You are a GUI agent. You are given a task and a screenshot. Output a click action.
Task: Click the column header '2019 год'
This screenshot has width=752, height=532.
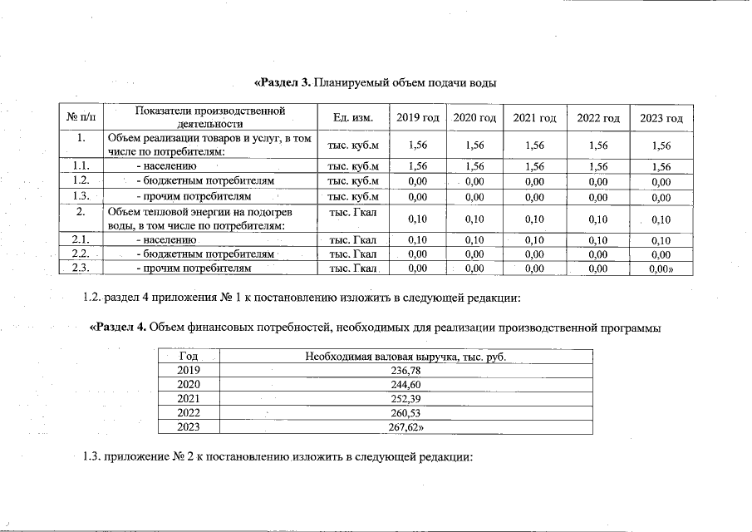[417, 118]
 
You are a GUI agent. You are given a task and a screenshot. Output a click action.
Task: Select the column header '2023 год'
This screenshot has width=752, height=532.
[661, 118]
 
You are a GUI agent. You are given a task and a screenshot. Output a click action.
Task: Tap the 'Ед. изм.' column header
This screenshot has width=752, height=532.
[352, 118]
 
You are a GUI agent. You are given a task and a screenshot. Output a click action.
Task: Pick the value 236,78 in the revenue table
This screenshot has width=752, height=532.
[405, 371]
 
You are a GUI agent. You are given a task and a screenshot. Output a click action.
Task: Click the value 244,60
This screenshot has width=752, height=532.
[405, 385]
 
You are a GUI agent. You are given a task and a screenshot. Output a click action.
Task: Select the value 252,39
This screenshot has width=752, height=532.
[405, 399]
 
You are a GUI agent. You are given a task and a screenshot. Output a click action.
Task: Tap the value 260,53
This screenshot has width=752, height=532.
[405, 413]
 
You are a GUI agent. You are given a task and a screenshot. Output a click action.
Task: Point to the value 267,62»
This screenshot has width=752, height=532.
[407, 427]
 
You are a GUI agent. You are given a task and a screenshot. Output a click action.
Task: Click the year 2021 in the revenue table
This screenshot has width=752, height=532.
[189, 399]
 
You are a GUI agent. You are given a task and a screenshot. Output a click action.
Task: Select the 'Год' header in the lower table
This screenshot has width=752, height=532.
[189, 357]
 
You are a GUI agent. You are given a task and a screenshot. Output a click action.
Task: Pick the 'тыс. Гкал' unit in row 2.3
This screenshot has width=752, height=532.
[353, 268]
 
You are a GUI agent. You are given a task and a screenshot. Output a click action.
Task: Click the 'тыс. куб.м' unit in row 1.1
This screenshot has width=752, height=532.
[353, 166]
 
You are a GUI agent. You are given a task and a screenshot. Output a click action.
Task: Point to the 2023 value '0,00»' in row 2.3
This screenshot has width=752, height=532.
[661, 268]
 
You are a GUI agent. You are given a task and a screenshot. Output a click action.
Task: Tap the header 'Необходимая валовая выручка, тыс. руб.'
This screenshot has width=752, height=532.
[405, 357]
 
